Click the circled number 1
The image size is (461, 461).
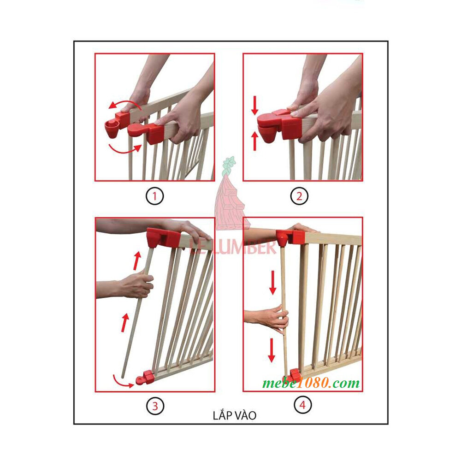[x=155, y=197]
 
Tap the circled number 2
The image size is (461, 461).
[x=299, y=197]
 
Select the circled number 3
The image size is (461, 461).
[x=155, y=406]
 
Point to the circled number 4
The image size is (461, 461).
[x=302, y=405]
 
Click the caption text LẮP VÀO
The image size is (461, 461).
[x=235, y=415]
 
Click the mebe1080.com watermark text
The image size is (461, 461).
[x=312, y=383]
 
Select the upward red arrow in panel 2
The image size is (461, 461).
[x=254, y=141]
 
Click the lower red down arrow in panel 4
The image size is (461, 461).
[x=272, y=350]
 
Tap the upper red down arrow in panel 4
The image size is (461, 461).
[x=273, y=282]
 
